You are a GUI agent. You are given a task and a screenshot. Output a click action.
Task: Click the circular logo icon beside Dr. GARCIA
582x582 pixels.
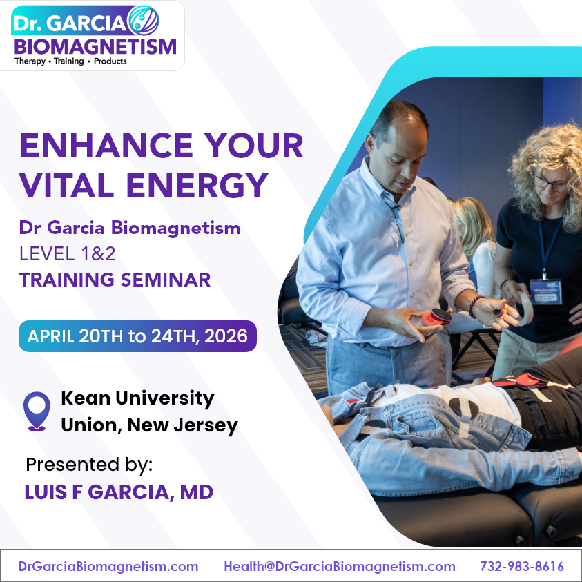(x=143, y=21)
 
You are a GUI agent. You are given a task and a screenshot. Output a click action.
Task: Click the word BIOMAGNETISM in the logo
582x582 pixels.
(x=95, y=46)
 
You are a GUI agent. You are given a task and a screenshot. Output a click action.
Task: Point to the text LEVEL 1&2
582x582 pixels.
(x=67, y=253)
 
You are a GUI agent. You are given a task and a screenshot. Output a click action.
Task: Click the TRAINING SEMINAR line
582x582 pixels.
(x=115, y=280)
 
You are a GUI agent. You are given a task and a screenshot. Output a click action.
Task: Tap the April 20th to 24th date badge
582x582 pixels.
(x=137, y=336)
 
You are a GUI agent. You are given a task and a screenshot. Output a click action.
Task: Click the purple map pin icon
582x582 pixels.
(x=37, y=411)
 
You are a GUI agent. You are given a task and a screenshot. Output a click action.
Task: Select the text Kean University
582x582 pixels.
(x=137, y=398)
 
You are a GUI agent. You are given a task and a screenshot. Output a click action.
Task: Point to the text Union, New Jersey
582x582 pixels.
(x=149, y=425)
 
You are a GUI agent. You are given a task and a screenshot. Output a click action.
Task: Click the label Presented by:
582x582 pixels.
(x=89, y=465)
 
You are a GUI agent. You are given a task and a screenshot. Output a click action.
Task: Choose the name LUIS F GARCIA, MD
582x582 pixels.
(x=119, y=492)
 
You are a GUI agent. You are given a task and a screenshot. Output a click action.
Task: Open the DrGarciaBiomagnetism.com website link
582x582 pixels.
(x=108, y=567)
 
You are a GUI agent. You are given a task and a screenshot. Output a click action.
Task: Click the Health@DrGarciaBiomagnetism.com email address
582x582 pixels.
(x=339, y=567)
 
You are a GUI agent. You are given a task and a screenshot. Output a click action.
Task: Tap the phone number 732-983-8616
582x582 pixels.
(x=521, y=567)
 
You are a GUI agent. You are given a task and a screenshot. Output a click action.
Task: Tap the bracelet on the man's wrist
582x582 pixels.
(x=474, y=307)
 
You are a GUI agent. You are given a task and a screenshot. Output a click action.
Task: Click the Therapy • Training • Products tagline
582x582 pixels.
(x=70, y=61)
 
